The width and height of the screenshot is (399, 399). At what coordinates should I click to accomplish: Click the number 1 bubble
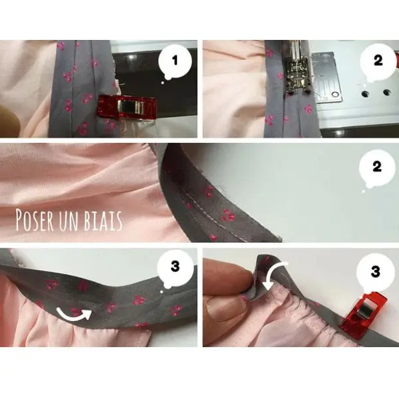pos(175,61)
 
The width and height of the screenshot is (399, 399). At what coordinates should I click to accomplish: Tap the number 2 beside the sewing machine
pos(378,61)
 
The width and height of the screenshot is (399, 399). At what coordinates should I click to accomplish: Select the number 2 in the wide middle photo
pos(377,167)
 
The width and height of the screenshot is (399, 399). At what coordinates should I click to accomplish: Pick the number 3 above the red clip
pos(375,272)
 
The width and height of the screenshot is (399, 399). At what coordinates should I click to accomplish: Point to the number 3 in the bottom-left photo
pos(175,267)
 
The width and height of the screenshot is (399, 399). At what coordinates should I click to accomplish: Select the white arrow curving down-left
pos(274,275)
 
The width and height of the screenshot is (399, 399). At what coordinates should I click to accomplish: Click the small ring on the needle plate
pos(336,95)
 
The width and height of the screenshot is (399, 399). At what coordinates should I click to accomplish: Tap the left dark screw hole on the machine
pos(365,93)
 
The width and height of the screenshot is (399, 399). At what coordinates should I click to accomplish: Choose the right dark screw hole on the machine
pos(387,92)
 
